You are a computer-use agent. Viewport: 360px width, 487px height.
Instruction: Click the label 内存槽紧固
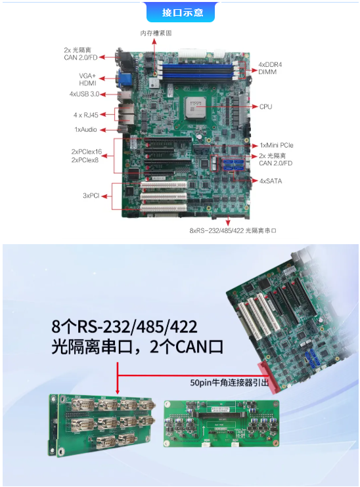click(156, 33)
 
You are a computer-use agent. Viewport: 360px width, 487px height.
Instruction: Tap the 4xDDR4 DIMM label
click(269, 68)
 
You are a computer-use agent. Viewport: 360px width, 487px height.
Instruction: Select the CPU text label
click(265, 106)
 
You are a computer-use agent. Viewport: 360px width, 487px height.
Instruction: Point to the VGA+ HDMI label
click(87, 79)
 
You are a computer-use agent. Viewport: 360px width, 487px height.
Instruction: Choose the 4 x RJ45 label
click(85, 115)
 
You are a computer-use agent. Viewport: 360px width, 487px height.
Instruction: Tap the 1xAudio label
click(85, 130)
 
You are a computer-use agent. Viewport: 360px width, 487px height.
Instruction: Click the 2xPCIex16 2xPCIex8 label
click(86, 156)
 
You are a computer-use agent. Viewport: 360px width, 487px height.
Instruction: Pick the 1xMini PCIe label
click(277, 145)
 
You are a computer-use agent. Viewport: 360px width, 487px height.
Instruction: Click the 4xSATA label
click(271, 180)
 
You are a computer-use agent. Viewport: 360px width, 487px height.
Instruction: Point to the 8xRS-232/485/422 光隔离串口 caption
click(233, 230)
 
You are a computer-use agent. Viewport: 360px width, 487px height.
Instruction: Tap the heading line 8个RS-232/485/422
click(125, 326)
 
